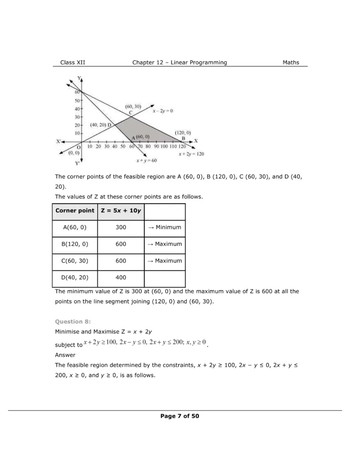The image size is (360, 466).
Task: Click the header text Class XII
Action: (x=72, y=63)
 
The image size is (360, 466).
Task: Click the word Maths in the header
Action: (x=291, y=63)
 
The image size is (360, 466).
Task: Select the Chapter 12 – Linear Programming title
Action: (x=179, y=63)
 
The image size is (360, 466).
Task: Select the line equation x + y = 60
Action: (x=147, y=161)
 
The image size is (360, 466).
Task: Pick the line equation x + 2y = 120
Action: (x=191, y=154)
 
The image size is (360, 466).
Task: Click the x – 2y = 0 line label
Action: (x=162, y=111)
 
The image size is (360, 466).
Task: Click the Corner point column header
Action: (x=75, y=211)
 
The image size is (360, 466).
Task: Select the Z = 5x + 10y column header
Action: (x=121, y=211)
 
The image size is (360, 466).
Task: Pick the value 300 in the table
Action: (x=121, y=227)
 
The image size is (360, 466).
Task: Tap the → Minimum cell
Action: (x=164, y=227)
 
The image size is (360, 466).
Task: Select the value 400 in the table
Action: (x=121, y=277)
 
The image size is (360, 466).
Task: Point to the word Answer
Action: (x=65, y=355)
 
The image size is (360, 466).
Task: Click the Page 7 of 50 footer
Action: (x=179, y=416)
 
